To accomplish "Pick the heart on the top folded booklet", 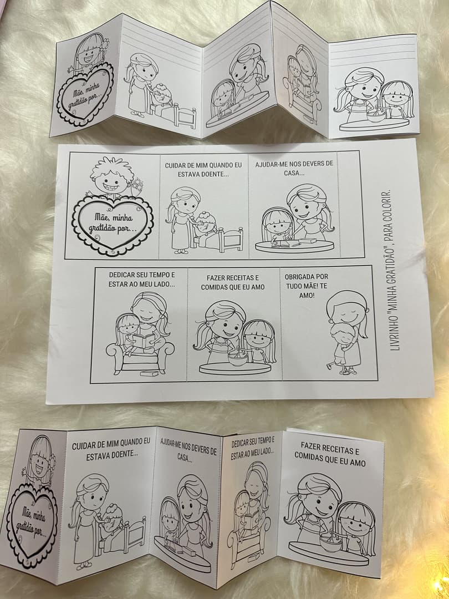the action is pyautogui.click(x=85, y=94).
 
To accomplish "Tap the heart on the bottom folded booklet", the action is pyautogui.click(x=32, y=525).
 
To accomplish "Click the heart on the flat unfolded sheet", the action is pyautogui.click(x=112, y=225).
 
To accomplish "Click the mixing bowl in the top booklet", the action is pyautogui.click(x=376, y=116).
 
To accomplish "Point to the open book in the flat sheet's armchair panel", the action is pyautogui.click(x=144, y=340).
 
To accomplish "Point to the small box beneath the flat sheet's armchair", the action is pyautogui.click(x=149, y=373).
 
